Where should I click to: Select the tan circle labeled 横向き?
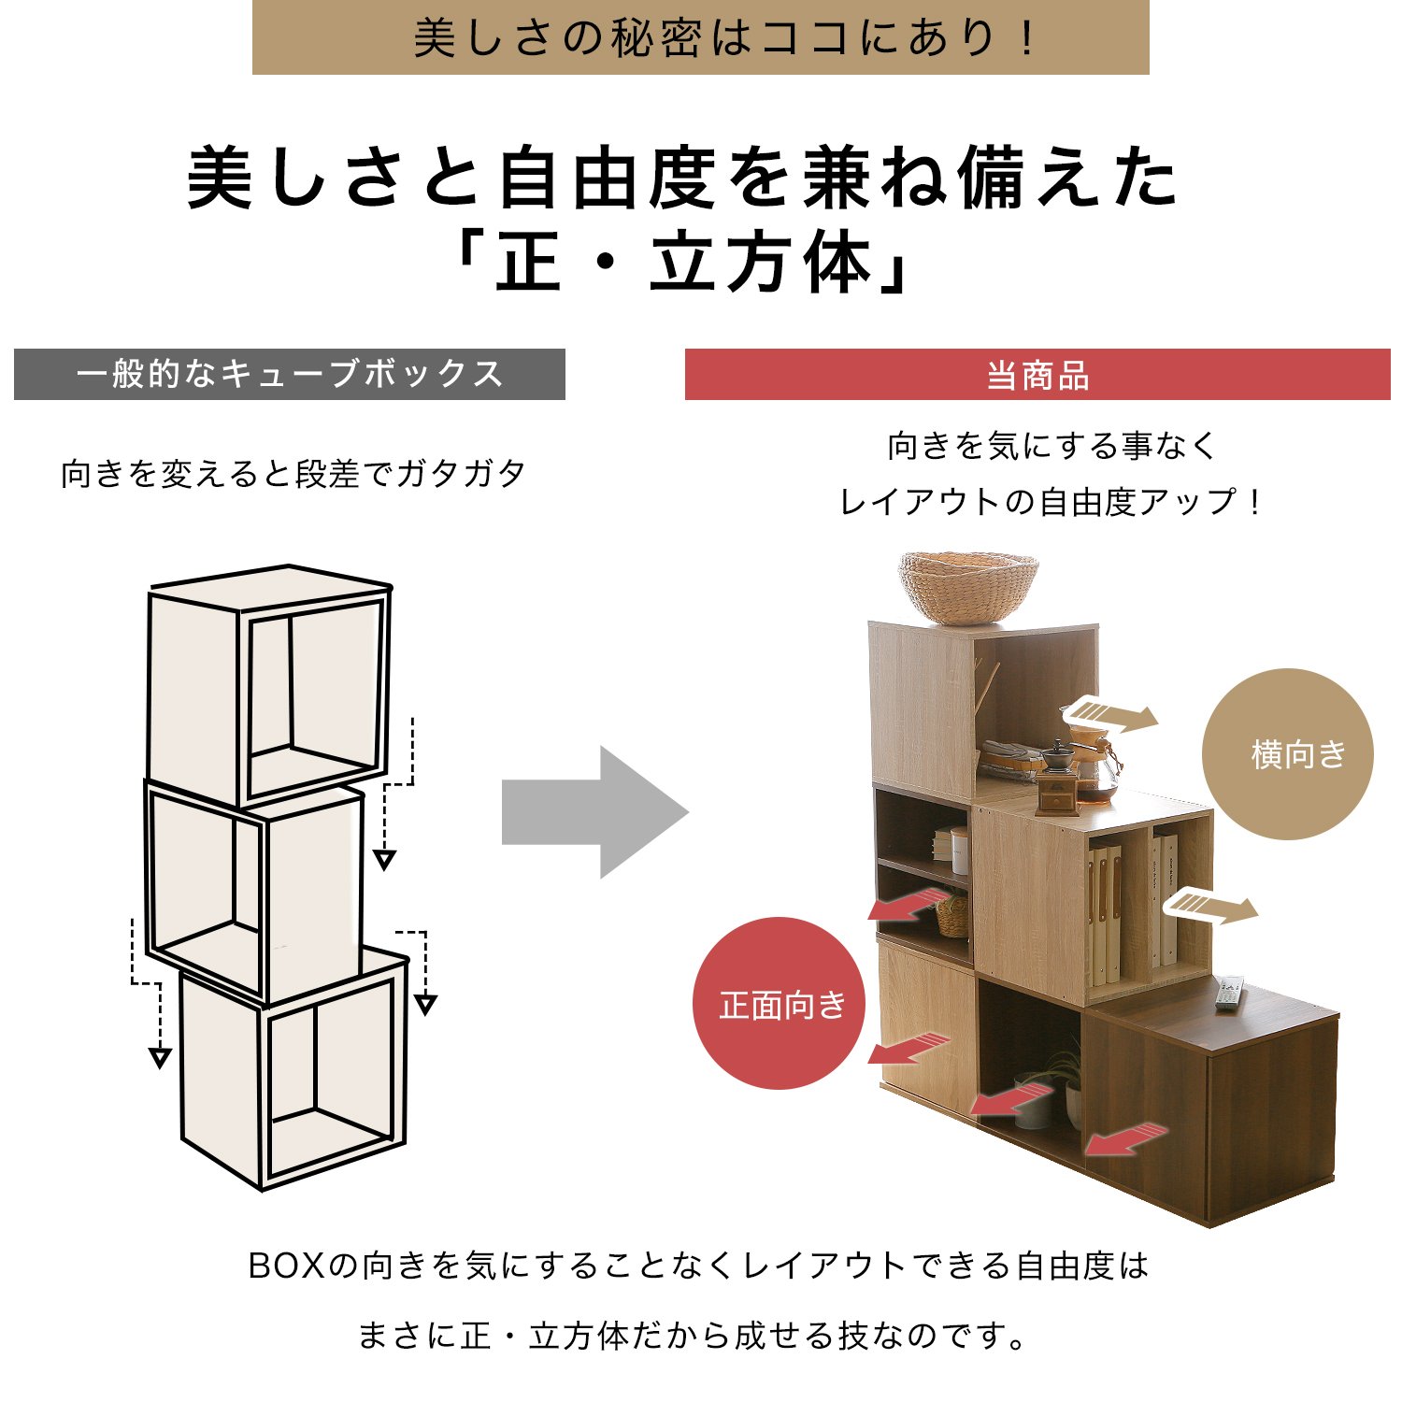click(1288, 753)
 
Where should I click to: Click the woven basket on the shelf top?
click(968, 586)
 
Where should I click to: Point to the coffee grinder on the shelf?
click(1057, 778)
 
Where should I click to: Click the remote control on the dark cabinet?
click(1229, 992)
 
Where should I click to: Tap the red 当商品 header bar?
click(1037, 375)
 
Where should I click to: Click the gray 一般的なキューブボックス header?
click(290, 375)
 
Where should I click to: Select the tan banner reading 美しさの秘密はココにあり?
click(700, 38)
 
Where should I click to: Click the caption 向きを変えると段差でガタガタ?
click(293, 474)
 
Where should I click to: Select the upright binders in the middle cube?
click(1106, 911)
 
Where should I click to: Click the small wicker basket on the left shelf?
click(952, 916)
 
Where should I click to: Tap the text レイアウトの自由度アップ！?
click(1051, 503)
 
